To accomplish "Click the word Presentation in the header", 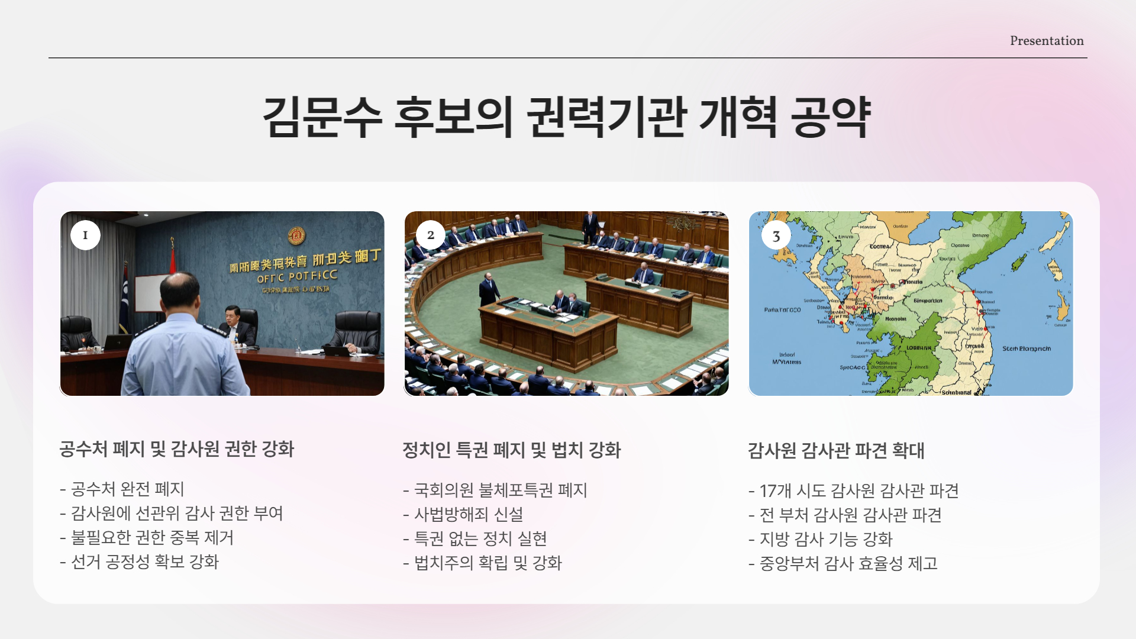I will pyautogui.click(x=1047, y=41).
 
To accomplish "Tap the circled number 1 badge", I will pyautogui.click(x=85, y=235).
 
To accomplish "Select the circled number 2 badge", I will pyautogui.click(x=430, y=235).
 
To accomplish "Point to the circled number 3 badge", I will pyautogui.click(x=776, y=236).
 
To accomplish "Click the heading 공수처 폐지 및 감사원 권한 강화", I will pyautogui.click(x=177, y=449).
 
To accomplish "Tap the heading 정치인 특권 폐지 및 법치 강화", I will pyautogui.click(x=511, y=450).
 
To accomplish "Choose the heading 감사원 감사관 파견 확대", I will pyautogui.click(x=835, y=451).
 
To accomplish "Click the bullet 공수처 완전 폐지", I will pyautogui.click(x=127, y=489).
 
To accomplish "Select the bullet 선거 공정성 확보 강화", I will pyautogui.click(x=144, y=562).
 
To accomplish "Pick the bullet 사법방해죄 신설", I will pyautogui.click(x=468, y=515).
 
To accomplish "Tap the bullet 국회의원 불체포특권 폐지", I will pyautogui.click(x=500, y=490).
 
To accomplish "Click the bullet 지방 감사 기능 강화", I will pyautogui.click(x=825, y=540).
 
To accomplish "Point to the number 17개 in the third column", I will pyautogui.click(x=775, y=491).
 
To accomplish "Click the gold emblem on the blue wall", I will pyautogui.click(x=296, y=235).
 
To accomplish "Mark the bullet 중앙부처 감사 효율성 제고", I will pyautogui.click(x=848, y=564).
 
